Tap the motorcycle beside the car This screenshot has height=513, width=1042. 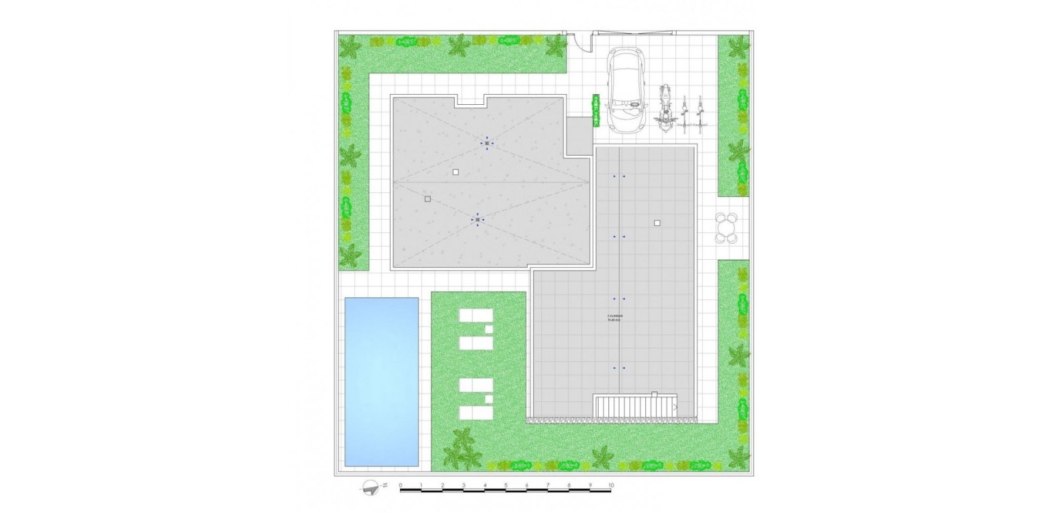pos(665,110)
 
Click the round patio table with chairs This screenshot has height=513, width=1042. pos(726,228)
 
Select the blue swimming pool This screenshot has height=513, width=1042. pos(381,381)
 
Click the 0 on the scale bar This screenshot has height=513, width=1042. pos(400,485)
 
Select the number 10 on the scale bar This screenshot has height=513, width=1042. pos(611,485)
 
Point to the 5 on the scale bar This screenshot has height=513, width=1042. pos(506,485)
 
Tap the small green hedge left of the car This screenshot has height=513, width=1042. pos(596,110)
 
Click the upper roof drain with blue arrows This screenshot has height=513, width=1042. pos(487,144)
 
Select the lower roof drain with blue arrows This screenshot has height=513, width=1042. pos(478,219)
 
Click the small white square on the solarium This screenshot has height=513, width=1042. pos(657,223)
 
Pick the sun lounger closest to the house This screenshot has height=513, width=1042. pos(476,316)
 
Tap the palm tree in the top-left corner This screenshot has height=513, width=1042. pos(349,47)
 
